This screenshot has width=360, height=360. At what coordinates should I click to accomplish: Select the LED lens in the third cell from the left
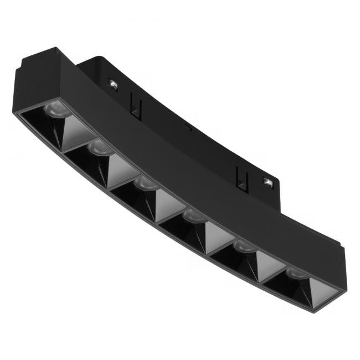146,183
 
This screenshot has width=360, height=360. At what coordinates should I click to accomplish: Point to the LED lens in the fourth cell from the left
193,216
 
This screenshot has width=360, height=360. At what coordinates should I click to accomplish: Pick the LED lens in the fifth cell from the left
241,245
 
